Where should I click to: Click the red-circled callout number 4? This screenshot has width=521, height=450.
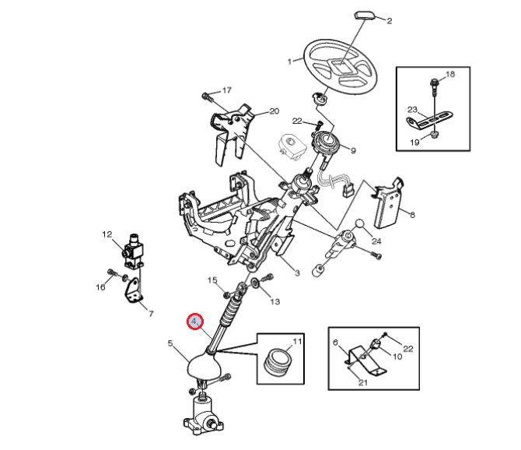pos(195,322)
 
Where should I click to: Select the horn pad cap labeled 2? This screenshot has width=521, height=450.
pos(365,16)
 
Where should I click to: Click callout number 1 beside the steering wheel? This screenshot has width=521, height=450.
pos(289,62)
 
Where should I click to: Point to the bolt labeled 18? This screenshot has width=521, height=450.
pos(434,83)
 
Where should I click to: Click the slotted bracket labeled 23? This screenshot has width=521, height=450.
pos(429,119)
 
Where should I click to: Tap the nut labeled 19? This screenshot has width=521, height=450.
pos(434,135)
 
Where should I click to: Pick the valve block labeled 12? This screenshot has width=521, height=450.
pos(133,251)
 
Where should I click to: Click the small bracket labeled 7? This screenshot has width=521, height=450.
pos(134,290)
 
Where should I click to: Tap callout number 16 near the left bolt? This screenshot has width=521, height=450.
pos(100,287)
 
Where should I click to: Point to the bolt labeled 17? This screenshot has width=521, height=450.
pos(207,97)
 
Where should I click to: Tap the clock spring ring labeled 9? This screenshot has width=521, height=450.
pos(325,142)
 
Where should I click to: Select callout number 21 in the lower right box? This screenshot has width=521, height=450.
pos(363,382)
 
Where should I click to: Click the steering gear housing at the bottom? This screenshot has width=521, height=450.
pos(203,414)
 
